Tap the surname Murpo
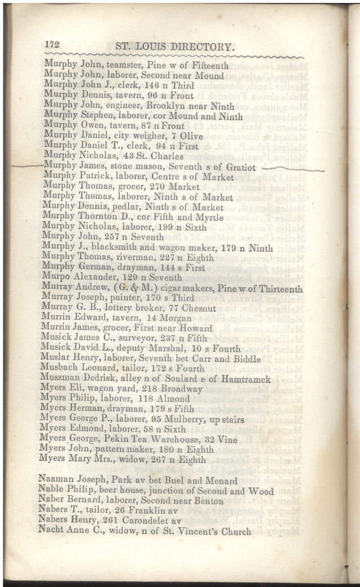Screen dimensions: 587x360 (56, 278)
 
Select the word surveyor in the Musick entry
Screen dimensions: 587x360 (137, 338)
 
